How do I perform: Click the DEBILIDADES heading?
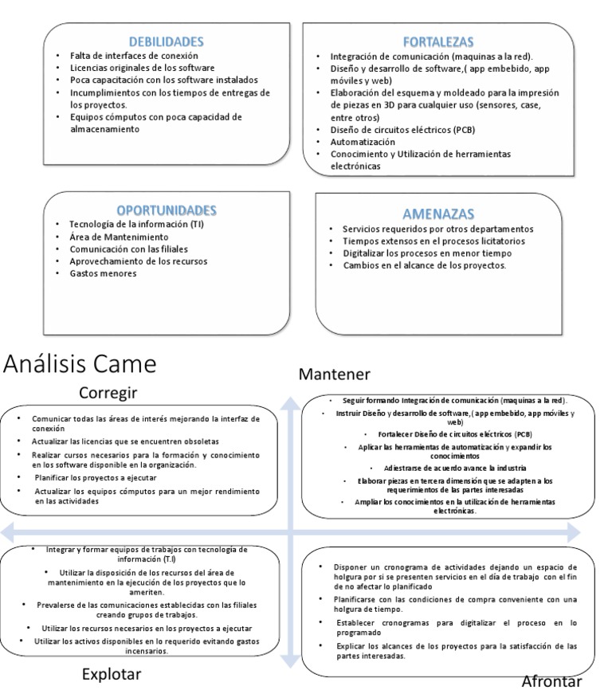167,41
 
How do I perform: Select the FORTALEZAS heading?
437,41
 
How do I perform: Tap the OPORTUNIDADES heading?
167,210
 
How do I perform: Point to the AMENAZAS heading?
438,214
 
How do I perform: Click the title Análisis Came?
79,364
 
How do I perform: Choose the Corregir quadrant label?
109,392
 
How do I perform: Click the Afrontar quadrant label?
557,680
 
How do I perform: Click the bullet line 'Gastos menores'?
103,273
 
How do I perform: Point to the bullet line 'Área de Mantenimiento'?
119,237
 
